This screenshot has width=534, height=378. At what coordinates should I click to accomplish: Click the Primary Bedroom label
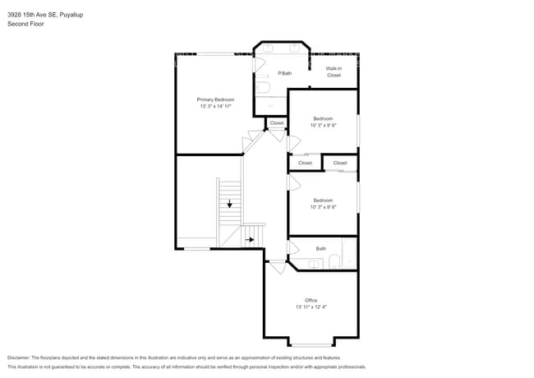tap(215, 99)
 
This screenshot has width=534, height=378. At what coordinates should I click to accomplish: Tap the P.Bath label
tap(285, 73)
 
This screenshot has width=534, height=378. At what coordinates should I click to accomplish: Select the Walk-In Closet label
tap(334, 71)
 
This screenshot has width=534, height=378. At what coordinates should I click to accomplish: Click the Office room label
tap(311, 301)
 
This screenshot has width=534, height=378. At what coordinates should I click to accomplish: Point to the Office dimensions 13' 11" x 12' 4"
tap(311, 307)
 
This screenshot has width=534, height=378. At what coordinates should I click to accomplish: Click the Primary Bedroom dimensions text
tap(215, 106)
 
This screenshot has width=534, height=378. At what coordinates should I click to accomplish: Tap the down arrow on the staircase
tap(229, 204)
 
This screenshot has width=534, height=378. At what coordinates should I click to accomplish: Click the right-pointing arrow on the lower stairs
tap(250, 240)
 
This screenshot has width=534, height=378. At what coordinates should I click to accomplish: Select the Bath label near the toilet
tap(320, 249)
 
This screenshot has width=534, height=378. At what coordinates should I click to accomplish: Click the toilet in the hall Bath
tap(334, 261)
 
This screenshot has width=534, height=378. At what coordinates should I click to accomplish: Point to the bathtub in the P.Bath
tap(263, 87)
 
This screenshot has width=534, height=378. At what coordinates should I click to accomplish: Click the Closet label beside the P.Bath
tap(277, 123)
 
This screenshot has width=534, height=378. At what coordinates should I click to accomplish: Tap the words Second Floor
tap(25, 24)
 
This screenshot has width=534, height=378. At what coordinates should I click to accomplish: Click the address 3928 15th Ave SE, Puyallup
tap(45, 15)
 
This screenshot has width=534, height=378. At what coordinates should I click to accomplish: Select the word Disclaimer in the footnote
tap(19, 358)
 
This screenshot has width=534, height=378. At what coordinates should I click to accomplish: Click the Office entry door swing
tap(278, 267)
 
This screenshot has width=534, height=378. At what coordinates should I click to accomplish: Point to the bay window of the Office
tap(311, 345)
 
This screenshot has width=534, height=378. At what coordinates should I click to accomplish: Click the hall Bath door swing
tap(293, 247)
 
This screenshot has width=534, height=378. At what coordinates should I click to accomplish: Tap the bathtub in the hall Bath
tap(349, 254)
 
